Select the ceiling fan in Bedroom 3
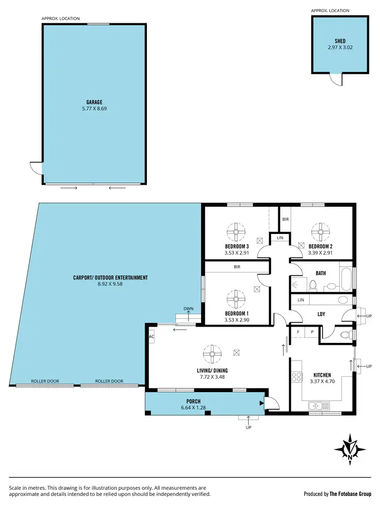tap(236, 232)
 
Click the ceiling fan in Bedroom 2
tap(319, 232)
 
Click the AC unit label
tap(151, 337)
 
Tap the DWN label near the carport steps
tap(188, 308)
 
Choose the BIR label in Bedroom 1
tap(237, 266)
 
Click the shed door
tap(335, 78)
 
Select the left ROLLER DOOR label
tap(44, 381)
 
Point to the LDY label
tap(321, 314)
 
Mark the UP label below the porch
tap(248, 427)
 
